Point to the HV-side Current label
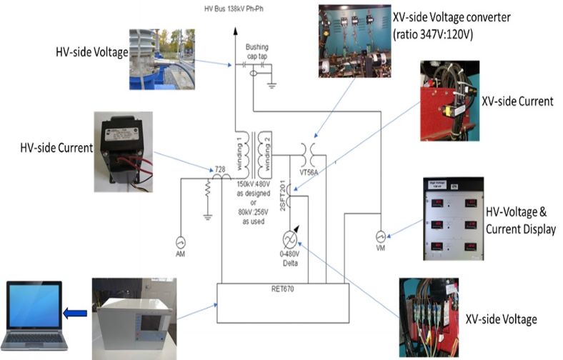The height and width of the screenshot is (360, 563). click(x=57, y=148)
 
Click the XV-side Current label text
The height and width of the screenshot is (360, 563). click(x=517, y=102)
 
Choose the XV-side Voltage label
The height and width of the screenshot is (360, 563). click(x=500, y=320)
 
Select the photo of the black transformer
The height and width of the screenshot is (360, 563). click(x=123, y=151)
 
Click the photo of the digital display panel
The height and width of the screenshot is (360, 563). click(x=454, y=218)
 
